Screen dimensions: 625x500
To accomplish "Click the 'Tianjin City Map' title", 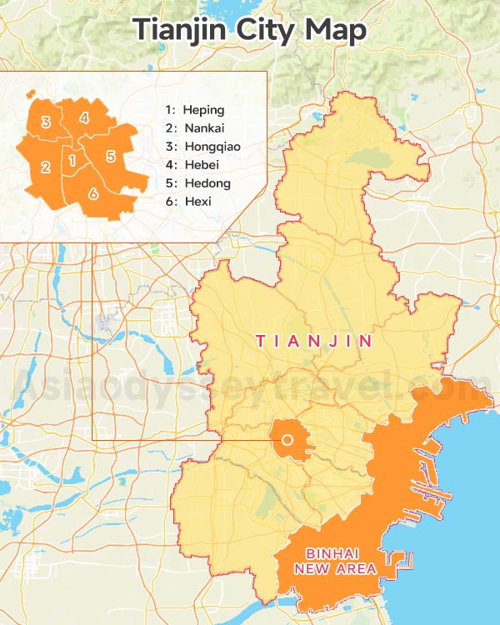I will point(250,29).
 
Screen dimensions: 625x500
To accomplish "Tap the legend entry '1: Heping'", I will point(195,110).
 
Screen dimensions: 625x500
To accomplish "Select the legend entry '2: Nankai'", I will point(196,128).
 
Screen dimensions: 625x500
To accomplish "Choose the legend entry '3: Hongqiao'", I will point(200,147).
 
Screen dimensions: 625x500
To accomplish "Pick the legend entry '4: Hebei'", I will point(192,165).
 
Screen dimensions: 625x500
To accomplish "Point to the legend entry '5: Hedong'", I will point(197,183).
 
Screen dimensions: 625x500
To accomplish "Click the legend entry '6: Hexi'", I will point(188,202).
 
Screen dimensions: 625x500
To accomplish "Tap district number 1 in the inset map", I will point(72,159).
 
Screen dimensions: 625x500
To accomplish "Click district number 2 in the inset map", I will point(46,167).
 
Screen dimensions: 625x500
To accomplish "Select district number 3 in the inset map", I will point(46,122).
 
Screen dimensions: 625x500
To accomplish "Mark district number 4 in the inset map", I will point(84,117).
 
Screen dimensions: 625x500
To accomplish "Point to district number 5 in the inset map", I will point(110,155).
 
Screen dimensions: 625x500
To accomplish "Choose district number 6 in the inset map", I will point(92,193).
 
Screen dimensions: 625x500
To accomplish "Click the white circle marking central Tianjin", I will point(288,440).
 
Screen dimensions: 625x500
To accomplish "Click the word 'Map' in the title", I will point(335,31).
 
